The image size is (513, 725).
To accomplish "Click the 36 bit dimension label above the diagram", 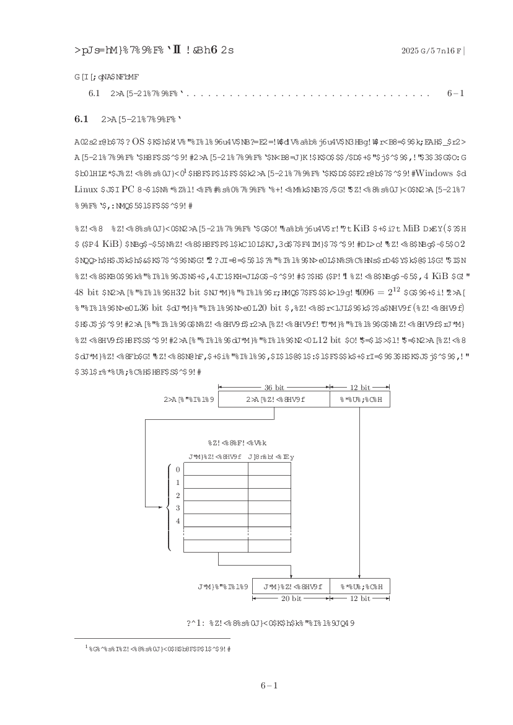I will pyautogui.click(x=273, y=387).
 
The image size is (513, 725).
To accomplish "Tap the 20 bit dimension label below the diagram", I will pyautogui.click(x=291, y=598).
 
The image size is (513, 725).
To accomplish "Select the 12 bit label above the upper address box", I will pyautogui.click(x=360, y=387).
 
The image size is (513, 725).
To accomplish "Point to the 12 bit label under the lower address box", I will pyautogui.click(x=360, y=598).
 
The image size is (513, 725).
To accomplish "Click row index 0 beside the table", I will pyautogui.click(x=178, y=469).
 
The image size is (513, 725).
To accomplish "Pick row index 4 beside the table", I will pyautogui.click(x=178, y=521).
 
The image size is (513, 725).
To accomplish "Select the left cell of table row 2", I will pyautogui.click(x=216, y=495).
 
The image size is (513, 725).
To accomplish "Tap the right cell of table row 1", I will pyautogui.click(x=269, y=482).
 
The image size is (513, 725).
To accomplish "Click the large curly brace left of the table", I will pyautogui.click(x=169, y=507).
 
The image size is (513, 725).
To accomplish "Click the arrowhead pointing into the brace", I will pyautogui.click(x=163, y=507).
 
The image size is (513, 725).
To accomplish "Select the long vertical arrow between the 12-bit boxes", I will pyautogui.click(x=360, y=490).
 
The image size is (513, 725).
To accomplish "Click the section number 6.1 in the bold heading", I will pyautogui.click(x=81, y=118).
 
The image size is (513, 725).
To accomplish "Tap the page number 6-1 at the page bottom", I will pyautogui.click(x=268, y=685).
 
